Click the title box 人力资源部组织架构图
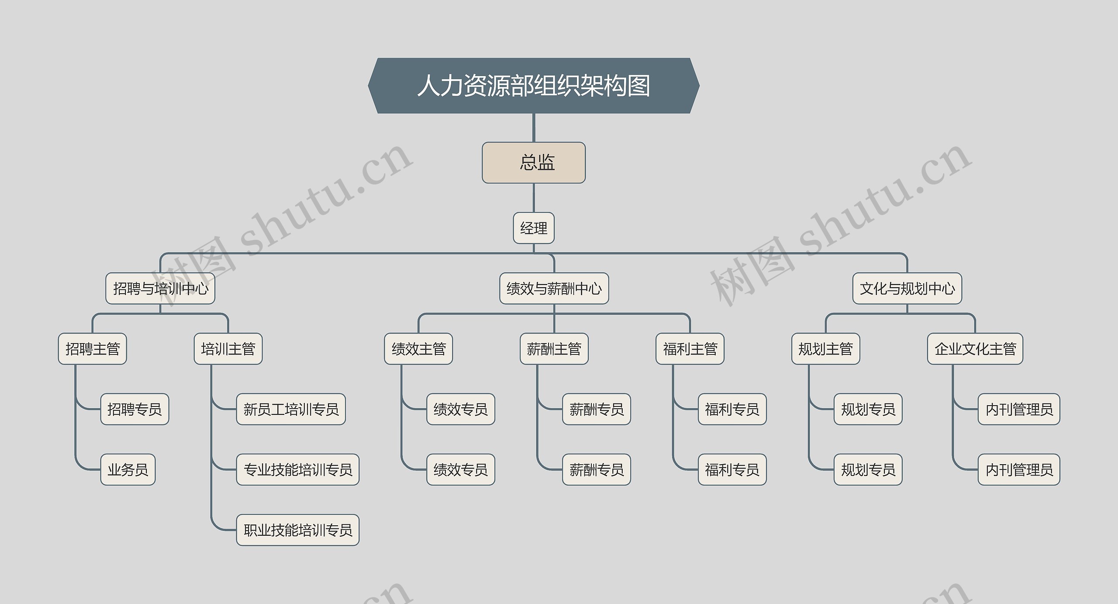pyautogui.click(x=534, y=86)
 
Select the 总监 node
pyautogui.click(x=534, y=163)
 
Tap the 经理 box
pyautogui.click(x=534, y=228)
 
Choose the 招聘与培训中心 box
pyautogui.click(x=160, y=288)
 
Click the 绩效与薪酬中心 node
pyautogui.click(x=554, y=288)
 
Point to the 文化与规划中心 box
pyautogui.click(x=907, y=288)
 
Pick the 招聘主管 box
pyautogui.click(x=93, y=349)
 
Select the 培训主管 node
pyautogui.click(x=228, y=349)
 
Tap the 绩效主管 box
pyautogui.click(x=418, y=349)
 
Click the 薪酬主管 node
pyautogui.click(x=554, y=349)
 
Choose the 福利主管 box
pyautogui.click(x=690, y=349)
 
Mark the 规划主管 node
pyautogui.click(x=825, y=349)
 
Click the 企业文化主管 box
pyautogui.click(x=975, y=349)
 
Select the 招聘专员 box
pyautogui.click(x=135, y=409)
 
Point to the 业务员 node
pyautogui.click(x=128, y=470)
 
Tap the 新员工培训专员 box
pyautogui.click(x=291, y=409)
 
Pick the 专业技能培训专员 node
pyautogui.click(x=298, y=470)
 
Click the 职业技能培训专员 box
pyautogui.click(x=298, y=530)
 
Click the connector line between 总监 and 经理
pyautogui.click(x=534, y=198)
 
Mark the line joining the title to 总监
pyautogui.click(x=534, y=128)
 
